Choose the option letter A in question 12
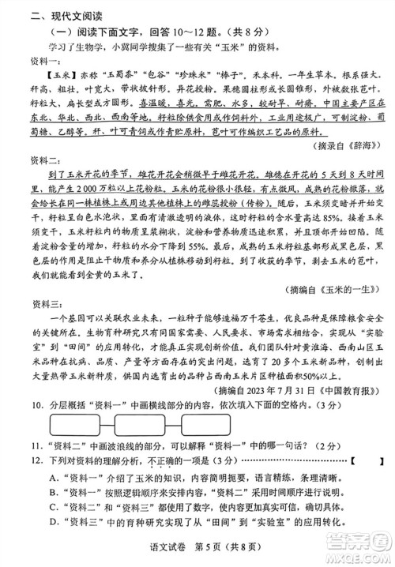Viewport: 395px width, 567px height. (x=52, y=522)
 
